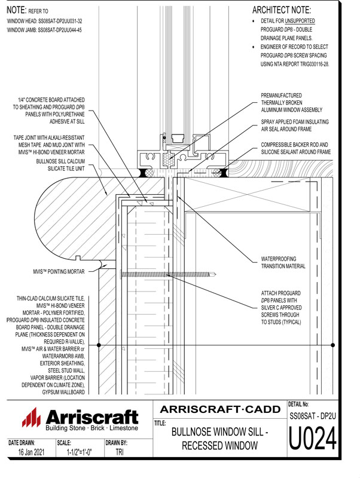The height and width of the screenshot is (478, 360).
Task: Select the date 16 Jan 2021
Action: (28, 453)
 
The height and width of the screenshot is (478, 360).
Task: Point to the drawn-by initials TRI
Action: (120, 453)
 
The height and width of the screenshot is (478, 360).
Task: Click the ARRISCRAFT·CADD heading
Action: (221, 409)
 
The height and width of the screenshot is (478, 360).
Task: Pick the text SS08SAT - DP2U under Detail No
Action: (313, 415)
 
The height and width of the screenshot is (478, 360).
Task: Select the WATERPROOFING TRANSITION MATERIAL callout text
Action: (287, 263)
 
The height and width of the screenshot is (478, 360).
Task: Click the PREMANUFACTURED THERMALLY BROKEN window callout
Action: (292, 102)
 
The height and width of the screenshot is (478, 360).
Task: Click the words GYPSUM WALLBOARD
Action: (62, 391)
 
